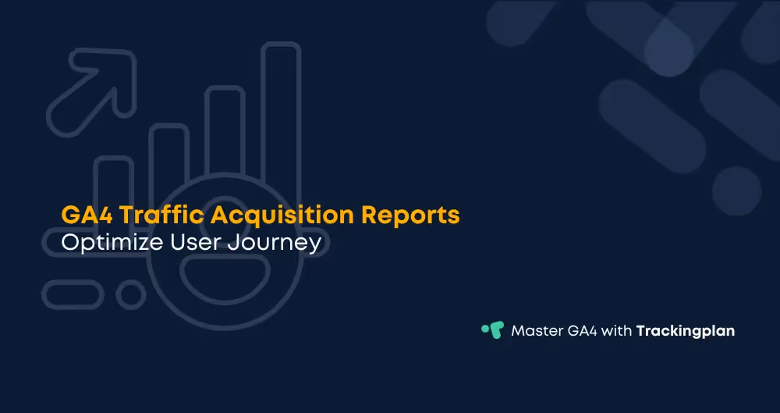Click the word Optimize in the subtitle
point(112,243)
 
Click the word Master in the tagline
point(537,330)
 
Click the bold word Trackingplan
point(686,330)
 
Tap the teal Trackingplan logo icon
point(492,329)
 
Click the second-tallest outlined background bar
point(225,133)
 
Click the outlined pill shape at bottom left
point(73,294)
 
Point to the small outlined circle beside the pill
point(129,294)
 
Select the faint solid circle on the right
point(736,190)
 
